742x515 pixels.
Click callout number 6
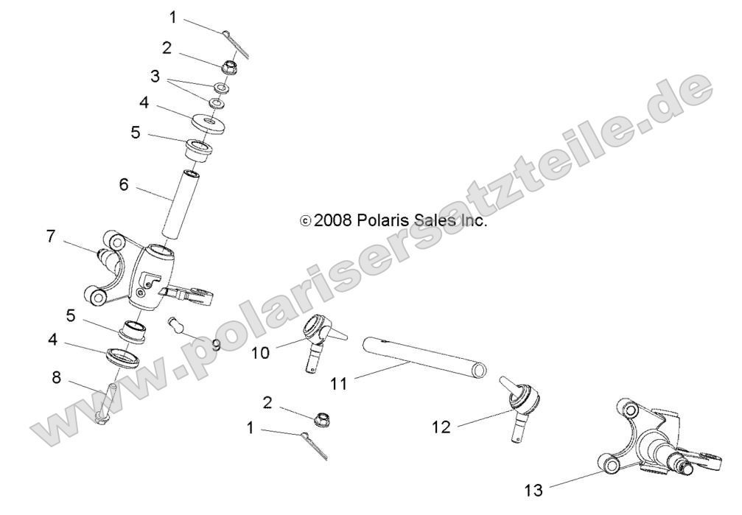point(123,184)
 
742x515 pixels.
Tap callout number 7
point(51,237)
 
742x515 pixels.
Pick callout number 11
point(338,384)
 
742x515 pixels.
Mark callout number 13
point(533,489)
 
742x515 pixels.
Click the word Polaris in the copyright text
point(380,220)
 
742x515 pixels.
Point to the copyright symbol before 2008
point(305,221)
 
